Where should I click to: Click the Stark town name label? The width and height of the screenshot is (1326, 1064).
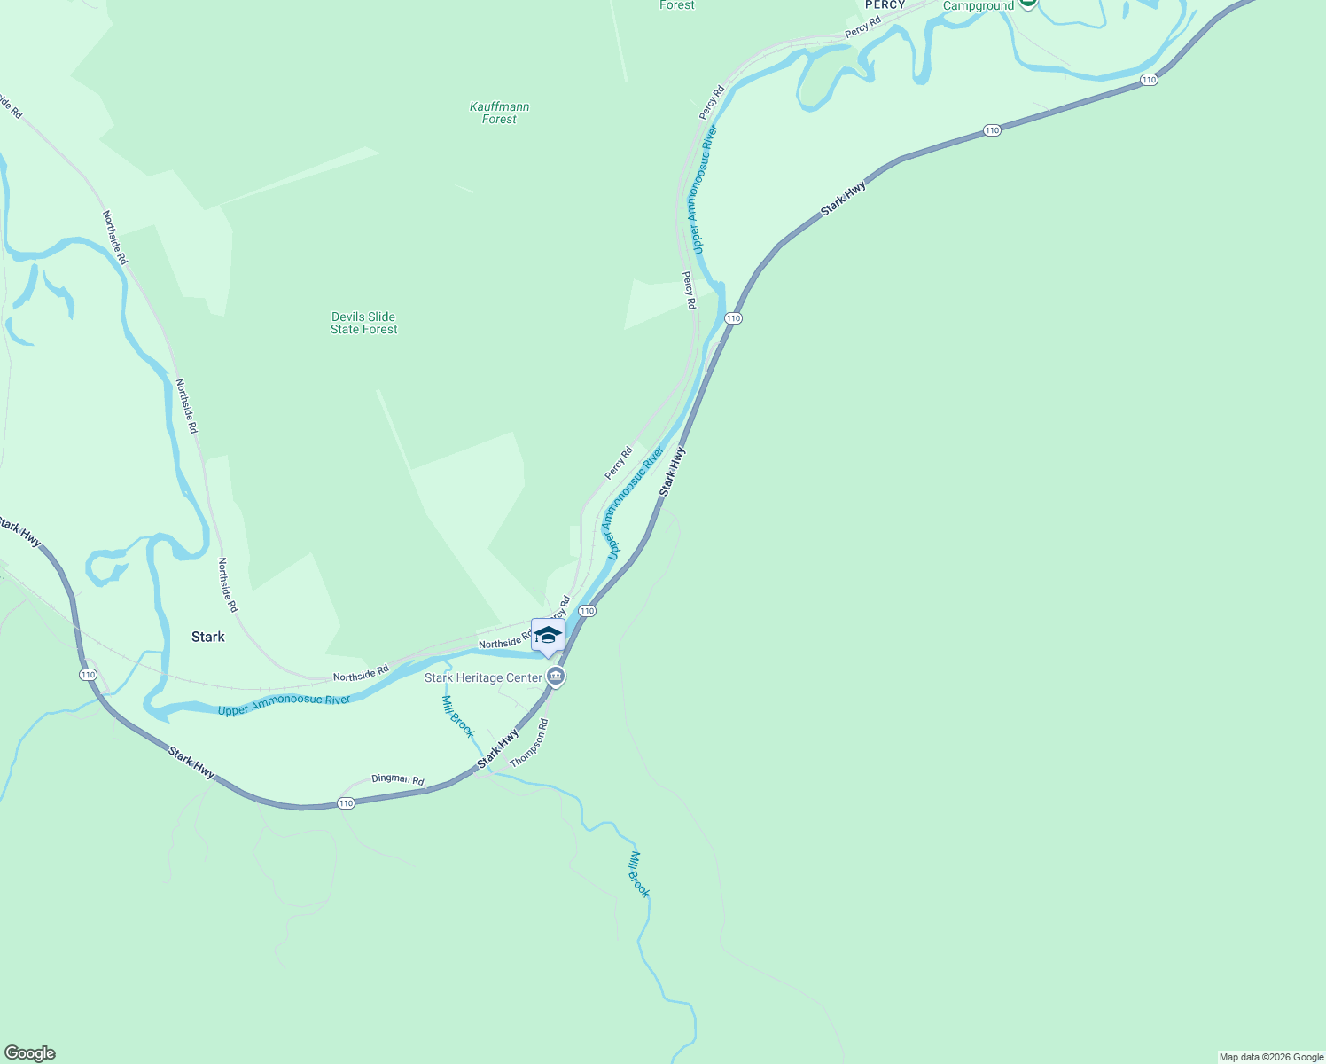point(208,637)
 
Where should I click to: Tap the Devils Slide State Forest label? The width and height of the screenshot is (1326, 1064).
point(363,323)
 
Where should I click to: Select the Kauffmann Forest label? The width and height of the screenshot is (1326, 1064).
point(500,113)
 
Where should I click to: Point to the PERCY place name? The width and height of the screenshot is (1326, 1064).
point(885,5)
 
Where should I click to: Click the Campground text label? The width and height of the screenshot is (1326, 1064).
point(978,6)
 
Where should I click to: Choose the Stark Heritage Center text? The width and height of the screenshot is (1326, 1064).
point(483,677)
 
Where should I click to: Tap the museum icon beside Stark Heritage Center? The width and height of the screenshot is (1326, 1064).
point(556,677)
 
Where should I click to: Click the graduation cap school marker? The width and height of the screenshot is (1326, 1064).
point(548,635)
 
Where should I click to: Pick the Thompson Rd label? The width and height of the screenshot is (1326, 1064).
point(530,743)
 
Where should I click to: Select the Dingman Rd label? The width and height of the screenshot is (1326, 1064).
point(397,778)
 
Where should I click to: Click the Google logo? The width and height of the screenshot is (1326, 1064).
point(30,1052)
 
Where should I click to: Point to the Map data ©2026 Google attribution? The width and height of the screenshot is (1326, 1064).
point(1271,1057)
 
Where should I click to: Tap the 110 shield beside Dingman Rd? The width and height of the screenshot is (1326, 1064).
point(346,803)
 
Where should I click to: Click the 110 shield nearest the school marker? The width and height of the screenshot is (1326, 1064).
point(587,611)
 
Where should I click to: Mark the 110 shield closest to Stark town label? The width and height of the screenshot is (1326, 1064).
point(88,675)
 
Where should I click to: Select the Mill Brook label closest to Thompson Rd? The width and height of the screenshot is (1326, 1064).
point(458,716)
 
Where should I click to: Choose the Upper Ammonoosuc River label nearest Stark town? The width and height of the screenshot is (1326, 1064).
point(285,705)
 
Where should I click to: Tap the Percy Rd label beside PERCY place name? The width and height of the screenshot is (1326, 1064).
point(862,27)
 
